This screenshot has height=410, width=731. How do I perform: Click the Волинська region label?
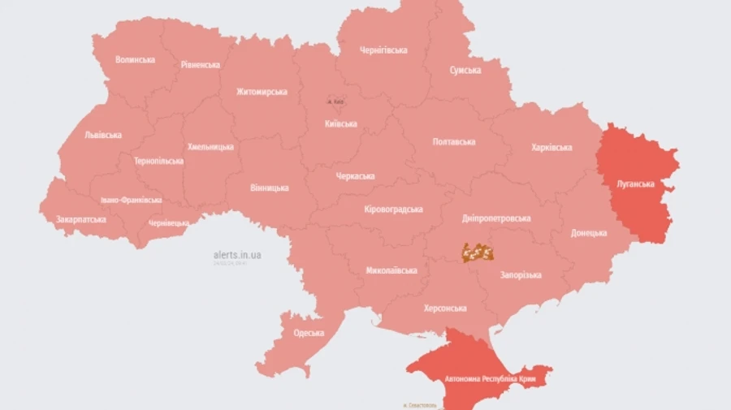(x=135, y=59)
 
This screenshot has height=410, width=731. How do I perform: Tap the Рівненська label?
(x=200, y=65)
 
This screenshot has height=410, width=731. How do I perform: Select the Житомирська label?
(x=262, y=92)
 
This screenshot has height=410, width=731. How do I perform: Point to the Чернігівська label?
(x=383, y=50)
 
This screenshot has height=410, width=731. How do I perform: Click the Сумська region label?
(x=465, y=71)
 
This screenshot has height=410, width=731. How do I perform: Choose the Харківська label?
(x=551, y=148)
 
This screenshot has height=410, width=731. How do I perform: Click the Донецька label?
(x=589, y=233)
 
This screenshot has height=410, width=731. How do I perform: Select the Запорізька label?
(x=521, y=275)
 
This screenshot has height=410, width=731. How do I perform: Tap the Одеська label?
(x=309, y=333)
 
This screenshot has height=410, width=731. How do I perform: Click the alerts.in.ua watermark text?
(x=237, y=255)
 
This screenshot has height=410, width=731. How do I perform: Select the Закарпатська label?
(x=81, y=220)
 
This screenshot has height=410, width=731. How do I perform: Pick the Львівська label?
(x=103, y=135)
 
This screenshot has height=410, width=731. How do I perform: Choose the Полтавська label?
(x=454, y=142)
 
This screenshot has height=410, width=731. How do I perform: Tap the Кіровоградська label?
(x=393, y=209)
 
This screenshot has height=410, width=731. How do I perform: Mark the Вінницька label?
(x=270, y=188)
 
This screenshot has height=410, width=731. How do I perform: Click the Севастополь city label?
(x=421, y=404)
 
